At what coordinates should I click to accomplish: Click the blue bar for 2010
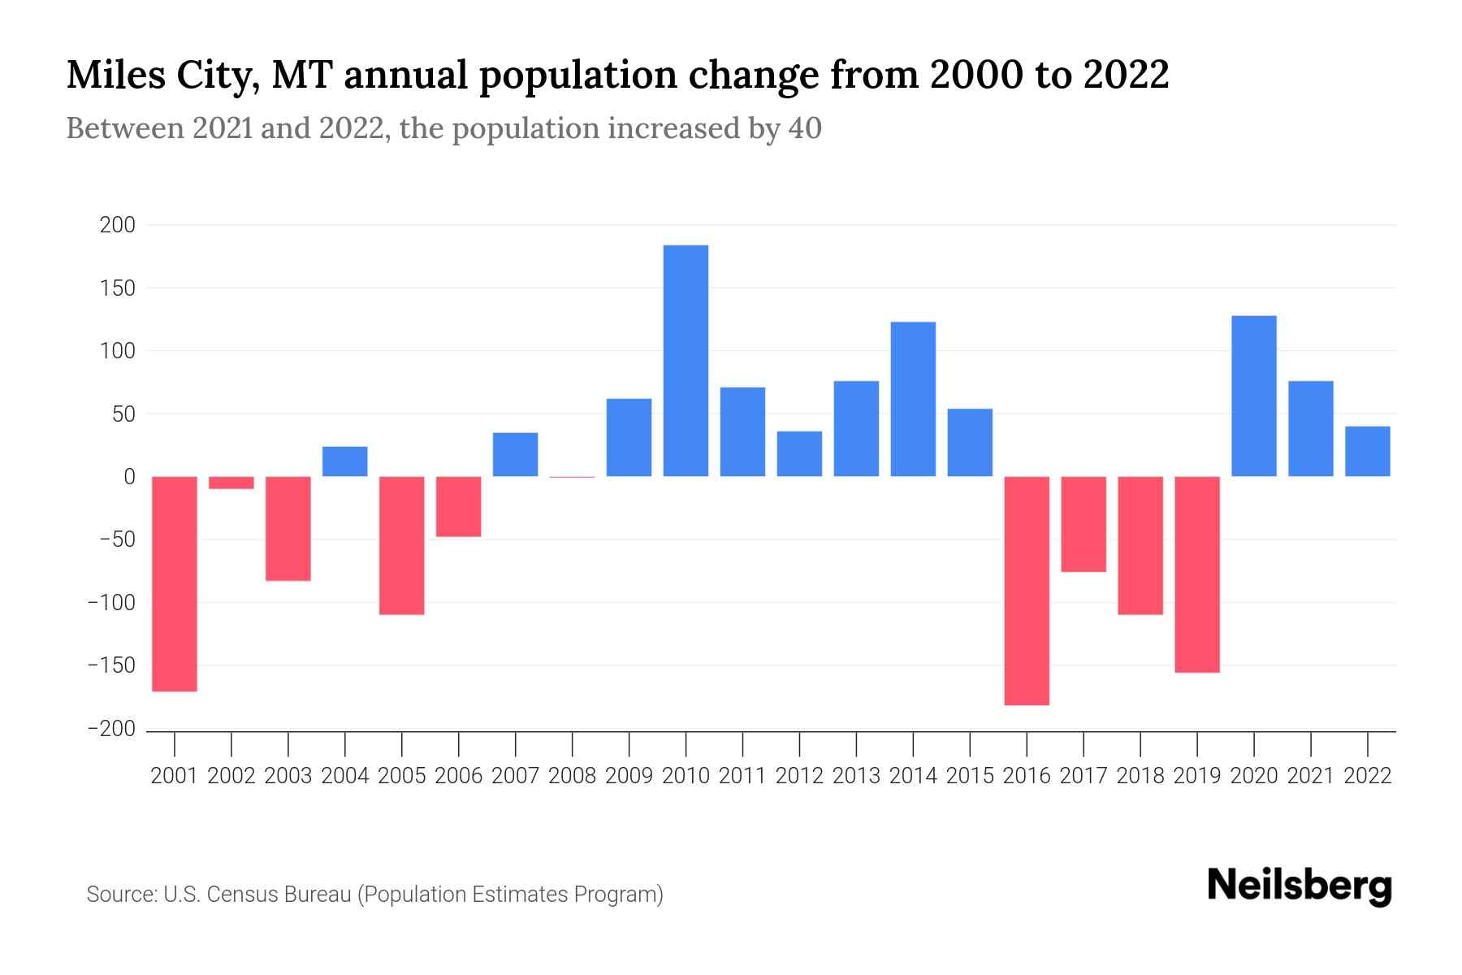[x=686, y=361]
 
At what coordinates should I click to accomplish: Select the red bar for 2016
[x=1027, y=591]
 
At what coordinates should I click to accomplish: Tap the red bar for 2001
[x=175, y=583]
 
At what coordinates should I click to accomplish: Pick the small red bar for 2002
[x=231, y=483]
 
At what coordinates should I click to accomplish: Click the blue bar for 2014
[x=913, y=399]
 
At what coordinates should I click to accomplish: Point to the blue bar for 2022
[x=1368, y=451]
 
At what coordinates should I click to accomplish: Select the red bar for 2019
[x=1197, y=574]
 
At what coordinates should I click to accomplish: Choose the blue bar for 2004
[x=345, y=461]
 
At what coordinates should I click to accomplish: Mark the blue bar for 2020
[x=1254, y=396]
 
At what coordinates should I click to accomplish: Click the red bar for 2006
[x=459, y=506]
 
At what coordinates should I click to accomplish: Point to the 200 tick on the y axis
[x=117, y=225]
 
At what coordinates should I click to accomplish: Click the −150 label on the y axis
[x=111, y=666]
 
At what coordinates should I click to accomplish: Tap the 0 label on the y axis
[x=129, y=477]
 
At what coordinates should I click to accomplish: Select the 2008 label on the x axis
[x=573, y=776]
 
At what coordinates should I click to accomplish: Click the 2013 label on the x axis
[x=856, y=776]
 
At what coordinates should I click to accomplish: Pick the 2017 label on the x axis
[x=1084, y=776]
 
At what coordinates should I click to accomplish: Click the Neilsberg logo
[x=1300, y=886]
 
